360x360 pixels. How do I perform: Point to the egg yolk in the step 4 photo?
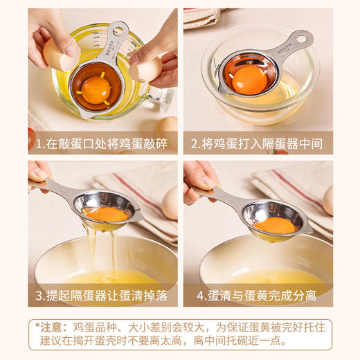[x=274, y=225]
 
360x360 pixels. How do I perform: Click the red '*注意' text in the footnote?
[x=51, y=326]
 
